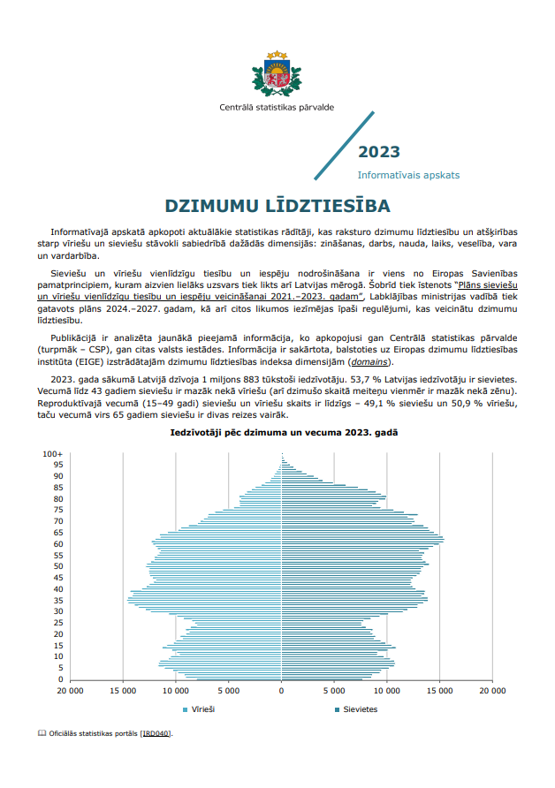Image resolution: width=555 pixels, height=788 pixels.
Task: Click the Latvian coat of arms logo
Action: (x=277, y=73)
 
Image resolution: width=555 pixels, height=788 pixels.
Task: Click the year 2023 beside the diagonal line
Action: (x=378, y=152)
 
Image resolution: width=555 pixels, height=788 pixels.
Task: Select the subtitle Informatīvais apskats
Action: (x=408, y=175)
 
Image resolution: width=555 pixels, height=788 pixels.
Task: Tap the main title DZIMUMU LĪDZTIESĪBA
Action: (x=277, y=206)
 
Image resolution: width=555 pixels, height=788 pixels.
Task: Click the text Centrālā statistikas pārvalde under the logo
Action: (x=277, y=108)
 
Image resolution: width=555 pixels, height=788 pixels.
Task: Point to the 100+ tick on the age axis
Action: (x=53, y=453)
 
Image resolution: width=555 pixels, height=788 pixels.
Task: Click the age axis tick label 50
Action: (x=57, y=566)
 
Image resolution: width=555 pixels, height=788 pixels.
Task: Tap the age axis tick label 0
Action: (x=60, y=679)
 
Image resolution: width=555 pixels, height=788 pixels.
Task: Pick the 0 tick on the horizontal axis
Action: (x=281, y=691)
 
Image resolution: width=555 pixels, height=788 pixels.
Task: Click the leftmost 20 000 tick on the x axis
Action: (x=70, y=691)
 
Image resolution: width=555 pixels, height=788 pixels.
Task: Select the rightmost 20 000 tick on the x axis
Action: (x=491, y=691)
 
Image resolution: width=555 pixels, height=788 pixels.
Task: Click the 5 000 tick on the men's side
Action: (x=229, y=691)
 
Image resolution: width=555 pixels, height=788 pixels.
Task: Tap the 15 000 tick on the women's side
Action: (x=439, y=691)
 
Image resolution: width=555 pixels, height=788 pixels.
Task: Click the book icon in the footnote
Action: (x=42, y=733)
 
